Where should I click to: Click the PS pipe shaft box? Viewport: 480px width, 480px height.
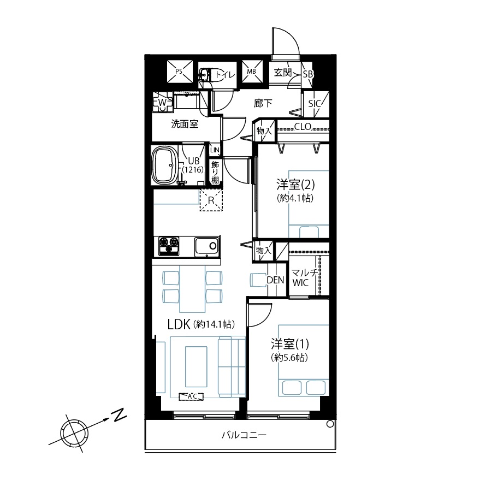[x=180, y=72]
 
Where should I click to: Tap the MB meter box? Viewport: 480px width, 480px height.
[x=252, y=72]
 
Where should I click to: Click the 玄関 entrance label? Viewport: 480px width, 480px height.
[x=282, y=73]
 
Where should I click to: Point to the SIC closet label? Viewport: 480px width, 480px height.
[x=315, y=104]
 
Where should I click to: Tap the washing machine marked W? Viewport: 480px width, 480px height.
[x=163, y=102]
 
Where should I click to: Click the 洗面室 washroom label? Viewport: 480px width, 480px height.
[x=185, y=124]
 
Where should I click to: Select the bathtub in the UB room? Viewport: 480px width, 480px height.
[x=165, y=165]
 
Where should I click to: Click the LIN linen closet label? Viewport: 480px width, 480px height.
[x=215, y=150]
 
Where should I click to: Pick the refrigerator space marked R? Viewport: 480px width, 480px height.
[x=211, y=200]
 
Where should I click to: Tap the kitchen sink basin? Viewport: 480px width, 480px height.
[x=206, y=246]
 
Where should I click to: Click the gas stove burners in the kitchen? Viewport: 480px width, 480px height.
[x=169, y=246]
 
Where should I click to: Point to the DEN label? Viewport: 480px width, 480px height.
[x=275, y=280]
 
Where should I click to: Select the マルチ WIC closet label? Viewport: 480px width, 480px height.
[x=304, y=277]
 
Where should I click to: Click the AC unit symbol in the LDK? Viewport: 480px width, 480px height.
[x=191, y=396]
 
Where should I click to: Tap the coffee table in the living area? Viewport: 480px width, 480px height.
[x=196, y=367]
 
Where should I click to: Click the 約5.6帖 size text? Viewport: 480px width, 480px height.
[x=289, y=358]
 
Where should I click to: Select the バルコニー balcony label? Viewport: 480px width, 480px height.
[x=244, y=435]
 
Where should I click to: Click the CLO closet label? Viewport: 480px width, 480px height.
[x=303, y=127]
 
